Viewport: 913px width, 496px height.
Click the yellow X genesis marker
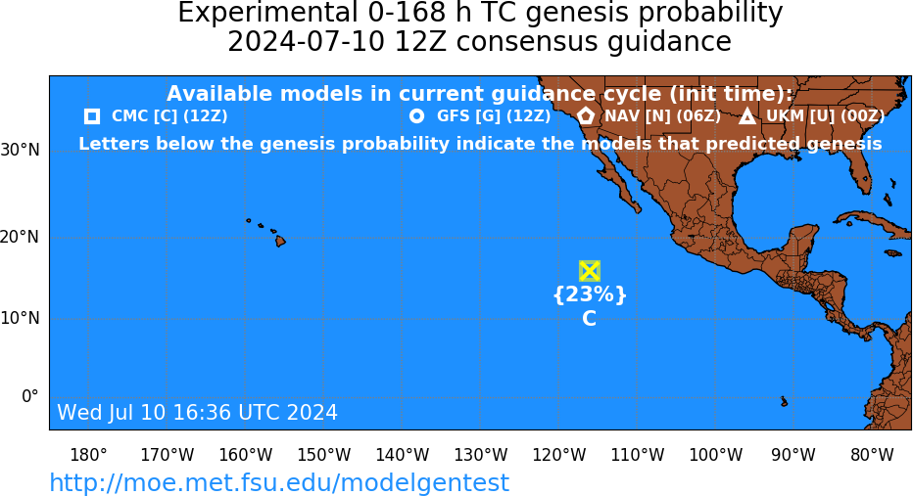pos(590,271)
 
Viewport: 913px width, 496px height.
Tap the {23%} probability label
pos(590,294)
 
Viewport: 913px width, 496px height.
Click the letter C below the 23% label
pos(590,319)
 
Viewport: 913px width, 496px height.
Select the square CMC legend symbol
pos(92,116)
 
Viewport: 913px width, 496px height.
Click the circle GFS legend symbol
pos(416,116)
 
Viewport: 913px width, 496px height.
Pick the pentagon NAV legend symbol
pos(586,115)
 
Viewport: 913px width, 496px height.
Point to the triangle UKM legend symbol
pos(747,116)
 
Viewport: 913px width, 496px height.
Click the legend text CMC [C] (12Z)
pos(169,116)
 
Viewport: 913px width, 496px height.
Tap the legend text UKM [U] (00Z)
pos(825,116)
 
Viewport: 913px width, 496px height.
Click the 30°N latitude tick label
pos(21,151)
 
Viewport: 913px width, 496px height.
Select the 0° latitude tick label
pos(30,396)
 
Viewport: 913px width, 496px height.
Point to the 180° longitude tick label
pos(88,455)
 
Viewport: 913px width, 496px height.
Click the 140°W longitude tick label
pos(403,455)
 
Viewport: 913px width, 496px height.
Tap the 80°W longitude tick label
pos(872,455)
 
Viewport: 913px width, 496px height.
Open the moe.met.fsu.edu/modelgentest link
pos(279,482)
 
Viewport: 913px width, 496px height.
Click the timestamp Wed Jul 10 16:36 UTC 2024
pos(197,412)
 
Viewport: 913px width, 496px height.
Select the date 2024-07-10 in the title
pos(306,42)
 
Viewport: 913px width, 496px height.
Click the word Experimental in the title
pos(267,14)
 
